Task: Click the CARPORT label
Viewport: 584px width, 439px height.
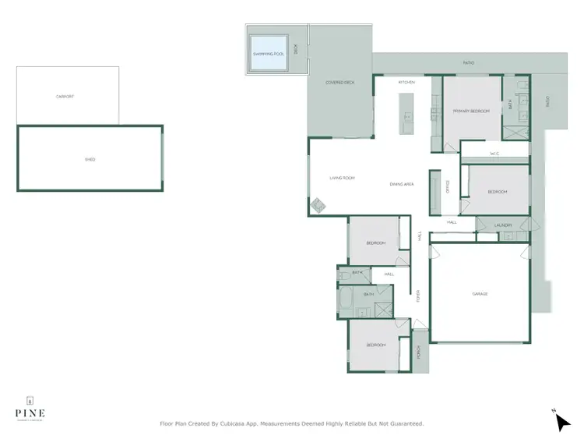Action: click(65, 96)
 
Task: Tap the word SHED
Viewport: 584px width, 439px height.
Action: click(90, 159)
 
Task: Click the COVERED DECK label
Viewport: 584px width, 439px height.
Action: click(340, 82)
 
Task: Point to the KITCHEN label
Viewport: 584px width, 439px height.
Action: click(406, 82)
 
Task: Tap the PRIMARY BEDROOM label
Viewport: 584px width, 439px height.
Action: click(471, 112)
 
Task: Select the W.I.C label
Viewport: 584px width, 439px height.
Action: click(494, 154)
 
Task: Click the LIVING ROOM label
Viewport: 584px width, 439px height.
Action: click(342, 178)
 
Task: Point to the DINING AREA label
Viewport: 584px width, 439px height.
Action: click(402, 184)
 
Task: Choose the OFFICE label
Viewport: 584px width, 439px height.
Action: click(448, 186)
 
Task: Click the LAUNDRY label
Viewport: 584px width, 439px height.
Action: click(504, 225)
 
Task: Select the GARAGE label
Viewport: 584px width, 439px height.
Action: click(480, 294)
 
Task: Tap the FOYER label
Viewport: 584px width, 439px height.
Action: click(418, 296)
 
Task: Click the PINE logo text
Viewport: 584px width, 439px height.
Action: click(30, 412)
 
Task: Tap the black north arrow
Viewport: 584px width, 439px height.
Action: click(562, 422)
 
